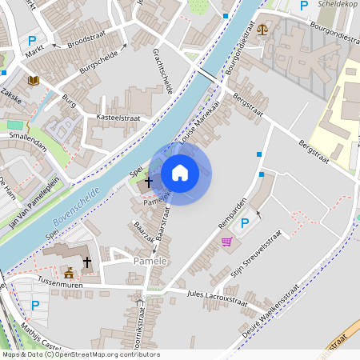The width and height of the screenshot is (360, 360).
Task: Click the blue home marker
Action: pos(180,173)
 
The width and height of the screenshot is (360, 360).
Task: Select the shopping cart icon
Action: pos(226,242)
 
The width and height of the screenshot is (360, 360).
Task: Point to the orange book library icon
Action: pos(34,80)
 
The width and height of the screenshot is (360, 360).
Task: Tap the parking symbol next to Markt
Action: pos(33,42)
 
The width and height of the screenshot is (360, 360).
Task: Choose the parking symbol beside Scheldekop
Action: pos(303,6)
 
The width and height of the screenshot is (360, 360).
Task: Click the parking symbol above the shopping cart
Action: pos(245,223)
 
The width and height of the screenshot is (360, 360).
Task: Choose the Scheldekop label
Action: pos(338,5)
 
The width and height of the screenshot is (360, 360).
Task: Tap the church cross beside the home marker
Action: pos(149,183)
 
